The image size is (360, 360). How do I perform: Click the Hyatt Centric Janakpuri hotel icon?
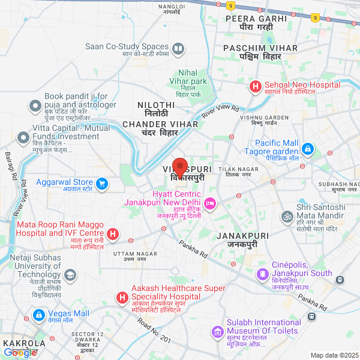pyautogui.click(x=210, y=204)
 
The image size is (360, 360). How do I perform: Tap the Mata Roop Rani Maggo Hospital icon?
pyautogui.click(x=112, y=233)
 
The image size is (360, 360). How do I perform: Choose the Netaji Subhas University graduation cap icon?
pyautogui.click(x=70, y=275)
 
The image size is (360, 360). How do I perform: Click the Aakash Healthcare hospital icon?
pyautogui.click(x=121, y=298)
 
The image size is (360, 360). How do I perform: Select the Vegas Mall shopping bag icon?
pyautogui.click(x=39, y=314)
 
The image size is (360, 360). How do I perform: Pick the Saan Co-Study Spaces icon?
pyautogui.click(x=178, y=48)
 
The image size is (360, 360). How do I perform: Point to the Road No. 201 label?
pyautogui.click(x=154, y=331)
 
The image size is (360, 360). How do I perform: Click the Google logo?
pyautogui.click(x=20, y=353)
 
